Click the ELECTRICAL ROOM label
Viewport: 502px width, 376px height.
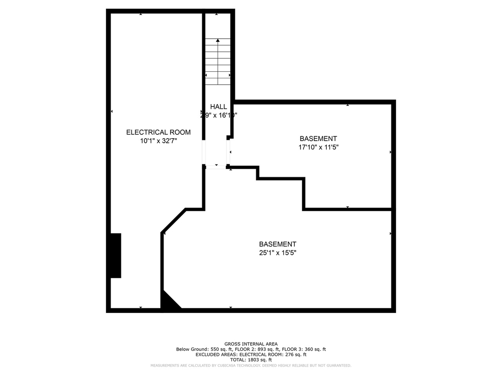click(158, 132)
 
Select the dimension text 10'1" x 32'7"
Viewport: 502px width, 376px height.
click(158, 141)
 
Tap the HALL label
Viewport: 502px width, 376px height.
click(218, 107)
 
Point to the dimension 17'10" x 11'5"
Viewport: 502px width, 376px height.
click(318, 147)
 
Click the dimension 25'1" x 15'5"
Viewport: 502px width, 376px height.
click(277, 253)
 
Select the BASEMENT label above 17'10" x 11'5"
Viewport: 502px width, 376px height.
click(318, 139)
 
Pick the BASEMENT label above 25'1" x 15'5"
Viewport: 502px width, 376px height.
click(277, 244)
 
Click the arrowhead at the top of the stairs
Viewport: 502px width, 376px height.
click(218, 40)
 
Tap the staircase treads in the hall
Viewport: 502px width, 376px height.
click(218, 63)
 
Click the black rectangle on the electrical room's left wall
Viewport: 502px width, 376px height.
click(116, 255)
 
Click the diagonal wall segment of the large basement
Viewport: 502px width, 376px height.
click(173, 221)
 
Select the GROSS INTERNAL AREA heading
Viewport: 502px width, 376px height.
click(251, 344)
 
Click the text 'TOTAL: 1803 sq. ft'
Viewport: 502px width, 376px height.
click(251, 360)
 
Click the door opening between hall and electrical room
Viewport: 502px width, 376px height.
click(204, 152)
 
